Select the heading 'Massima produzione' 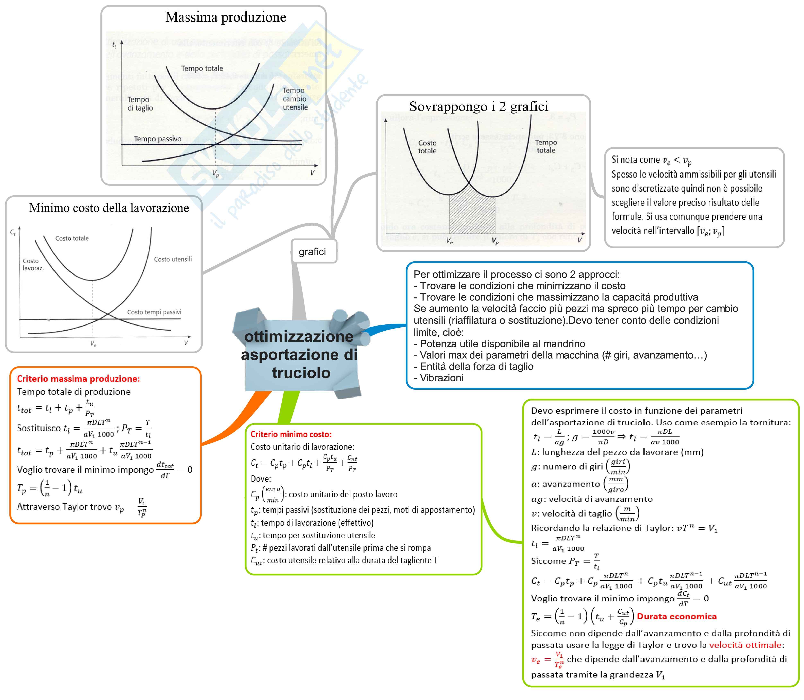pos(226,17)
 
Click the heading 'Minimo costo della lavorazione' pos(109,208)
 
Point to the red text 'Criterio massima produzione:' pos(78,378)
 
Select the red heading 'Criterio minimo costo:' pos(291,434)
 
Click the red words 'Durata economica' pos(676,616)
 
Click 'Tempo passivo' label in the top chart pos(158,139)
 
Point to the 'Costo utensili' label pos(173,259)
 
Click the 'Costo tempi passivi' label pos(154,312)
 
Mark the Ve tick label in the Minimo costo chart pos(93,344)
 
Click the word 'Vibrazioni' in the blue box pos(442,378)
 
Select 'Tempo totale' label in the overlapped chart pos(546,146)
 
